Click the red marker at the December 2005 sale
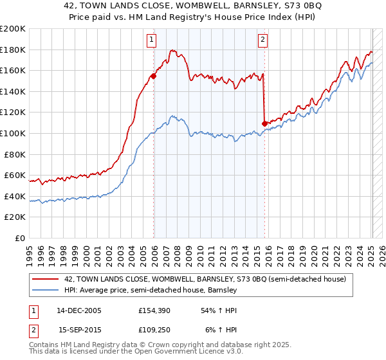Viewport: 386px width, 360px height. [153, 76]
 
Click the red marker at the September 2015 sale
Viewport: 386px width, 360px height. [264, 123]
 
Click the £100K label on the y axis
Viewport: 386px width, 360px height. [13, 133]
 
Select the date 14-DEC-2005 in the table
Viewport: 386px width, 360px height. [80, 310]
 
